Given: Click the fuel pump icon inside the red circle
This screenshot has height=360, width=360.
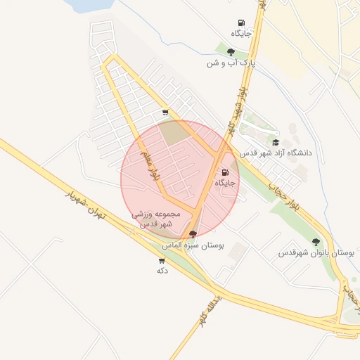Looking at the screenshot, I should point(225,172).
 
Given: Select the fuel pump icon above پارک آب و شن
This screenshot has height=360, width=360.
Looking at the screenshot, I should point(241,23).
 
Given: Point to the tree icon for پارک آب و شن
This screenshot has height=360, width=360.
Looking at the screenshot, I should point(231,51).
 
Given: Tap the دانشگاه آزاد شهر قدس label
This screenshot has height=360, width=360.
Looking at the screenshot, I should point(275,153).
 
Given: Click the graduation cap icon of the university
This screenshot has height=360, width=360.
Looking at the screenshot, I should point(275,142).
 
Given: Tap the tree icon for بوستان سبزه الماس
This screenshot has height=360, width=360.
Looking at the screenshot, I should point(193,234).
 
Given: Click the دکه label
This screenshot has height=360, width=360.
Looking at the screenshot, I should point(162,270).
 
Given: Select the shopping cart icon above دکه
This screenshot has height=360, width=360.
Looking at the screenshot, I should point(162,260).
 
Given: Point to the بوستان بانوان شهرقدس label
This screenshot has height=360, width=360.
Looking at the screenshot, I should point(314,252).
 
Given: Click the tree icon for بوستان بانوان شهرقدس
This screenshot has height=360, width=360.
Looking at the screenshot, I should point(315,241).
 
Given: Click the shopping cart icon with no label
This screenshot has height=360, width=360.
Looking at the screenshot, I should point(165,112).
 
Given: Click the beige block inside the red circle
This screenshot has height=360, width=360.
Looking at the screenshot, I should point(172,133).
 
